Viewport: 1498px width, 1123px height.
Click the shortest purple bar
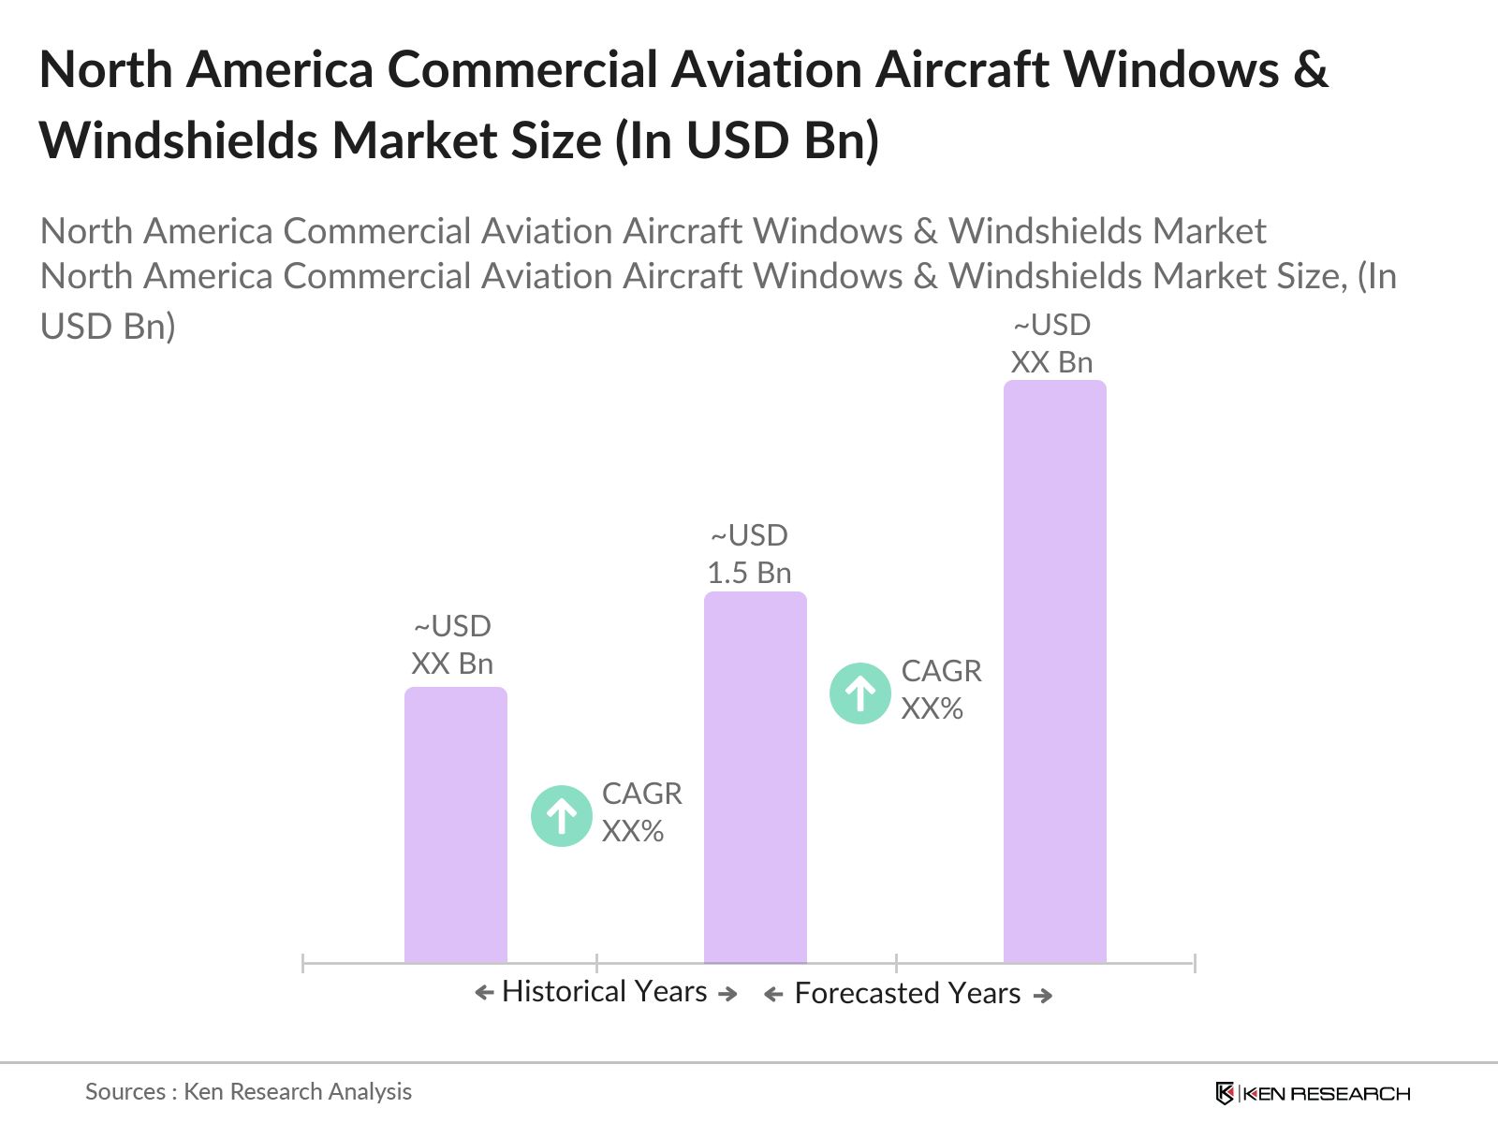click(x=455, y=824)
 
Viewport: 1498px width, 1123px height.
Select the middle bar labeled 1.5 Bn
click(x=755, y=777)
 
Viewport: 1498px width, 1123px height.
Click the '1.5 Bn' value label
click(x=749, y=573)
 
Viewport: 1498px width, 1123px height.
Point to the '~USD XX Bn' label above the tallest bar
click(x=1051, y=343)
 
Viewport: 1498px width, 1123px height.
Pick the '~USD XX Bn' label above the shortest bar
click(x=452, y=645)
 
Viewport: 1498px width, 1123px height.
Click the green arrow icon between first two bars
click(x=562, y=816)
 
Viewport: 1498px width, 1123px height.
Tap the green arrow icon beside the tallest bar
click(x=859, y=693)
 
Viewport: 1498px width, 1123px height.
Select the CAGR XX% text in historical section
click(x=641, y=812)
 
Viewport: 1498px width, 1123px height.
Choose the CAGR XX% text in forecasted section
click(x=941, y=690)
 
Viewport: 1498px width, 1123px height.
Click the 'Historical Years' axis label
click(x=604, y=991)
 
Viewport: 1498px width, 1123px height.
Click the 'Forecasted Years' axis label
click(x=907, y=993)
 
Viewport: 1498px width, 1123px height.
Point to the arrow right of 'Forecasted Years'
click(x=1042, y=996)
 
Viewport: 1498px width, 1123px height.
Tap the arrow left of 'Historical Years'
click(x=484, y=993)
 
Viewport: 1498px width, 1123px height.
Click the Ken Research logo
click(x=1313, y=1093)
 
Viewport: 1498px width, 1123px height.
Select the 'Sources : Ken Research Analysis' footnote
click(x=248, y=1091)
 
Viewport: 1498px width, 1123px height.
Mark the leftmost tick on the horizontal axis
click(x=303, y=962)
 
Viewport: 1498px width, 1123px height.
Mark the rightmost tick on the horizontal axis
click(x=1194, y=962)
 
